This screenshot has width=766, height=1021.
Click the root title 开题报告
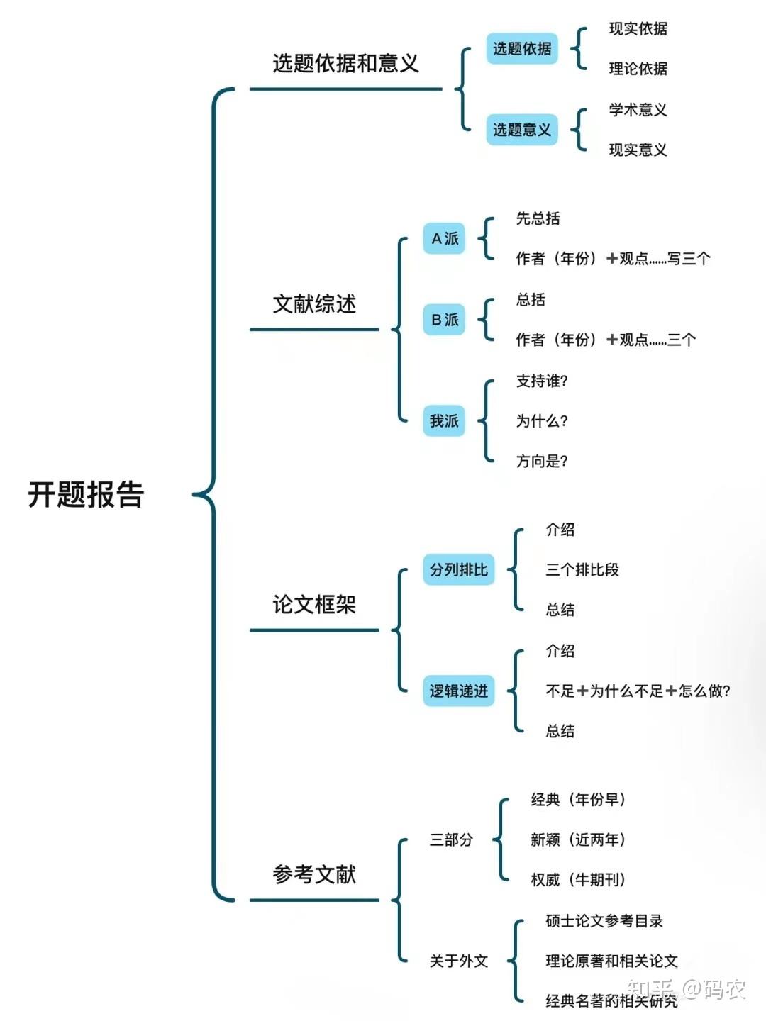pyautogui.click(x=86, y=494)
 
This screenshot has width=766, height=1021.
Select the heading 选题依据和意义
pyautogui.click(x=345, y=63)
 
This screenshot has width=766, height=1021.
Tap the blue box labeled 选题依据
pyautogui.click(x=522, y=48)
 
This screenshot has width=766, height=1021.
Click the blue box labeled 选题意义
pyautogui.click(x=522, y=129)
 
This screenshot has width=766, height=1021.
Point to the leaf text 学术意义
pyautogui.click(x=638, y=110)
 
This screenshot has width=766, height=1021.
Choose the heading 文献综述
pyautogui.click(x=314, y=304)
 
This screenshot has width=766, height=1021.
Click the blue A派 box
pyautogui.click(x=444, y=239)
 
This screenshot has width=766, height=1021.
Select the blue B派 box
pyautogui.click(x=444, y=320)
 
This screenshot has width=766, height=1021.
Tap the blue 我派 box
pyautogui.click(x=444, y=421)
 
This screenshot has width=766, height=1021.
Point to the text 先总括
pyautogui.click(x=538, y=218)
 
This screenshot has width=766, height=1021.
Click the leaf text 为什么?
pyautogui.click(x=542, y=421)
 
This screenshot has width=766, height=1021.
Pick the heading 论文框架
pyautogui.click(x=314, y=605)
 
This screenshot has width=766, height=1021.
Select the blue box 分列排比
pyautogui.click(x=459, y=569)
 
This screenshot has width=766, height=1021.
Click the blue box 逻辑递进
pyautogui.click(x=459, y=691)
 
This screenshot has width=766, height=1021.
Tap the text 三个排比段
pyautogui.click(x=582, y=569)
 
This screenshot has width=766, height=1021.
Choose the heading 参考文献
pyautogui.click(x=314, y=874)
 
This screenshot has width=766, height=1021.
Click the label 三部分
pyautogui.click(x=451, y=839)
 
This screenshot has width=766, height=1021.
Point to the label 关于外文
pyautogui.click(x=459, y=961)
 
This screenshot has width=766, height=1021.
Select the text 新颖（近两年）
pyautogui.click(x=578, y=839)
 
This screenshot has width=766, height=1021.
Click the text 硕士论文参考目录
pyautogui.click(x=604, y=921)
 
